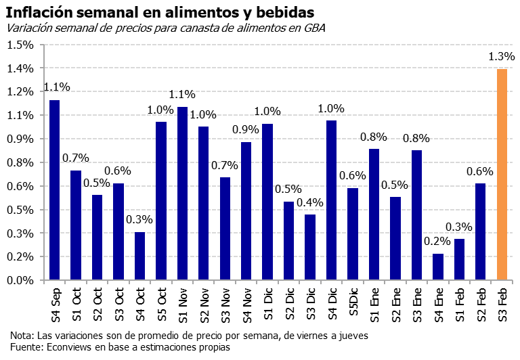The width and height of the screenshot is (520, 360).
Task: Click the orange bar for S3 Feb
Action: click(x=502, y=175)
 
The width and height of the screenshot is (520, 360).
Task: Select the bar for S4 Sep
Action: click(x=55, y=190)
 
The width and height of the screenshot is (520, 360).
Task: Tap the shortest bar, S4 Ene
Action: click(x=438, y=267)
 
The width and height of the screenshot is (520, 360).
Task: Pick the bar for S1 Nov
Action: click(x=182, y=194)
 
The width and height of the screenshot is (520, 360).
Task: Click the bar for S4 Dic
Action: click(x=331, y=200)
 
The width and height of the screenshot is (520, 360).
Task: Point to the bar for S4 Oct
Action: click(x=139, y=256)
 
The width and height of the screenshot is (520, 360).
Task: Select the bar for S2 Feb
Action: click(x=480, y=231)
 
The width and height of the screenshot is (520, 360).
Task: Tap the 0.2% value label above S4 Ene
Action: click(x=437, y=241)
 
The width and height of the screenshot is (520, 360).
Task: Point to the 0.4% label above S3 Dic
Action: click(x=310, y=202)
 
